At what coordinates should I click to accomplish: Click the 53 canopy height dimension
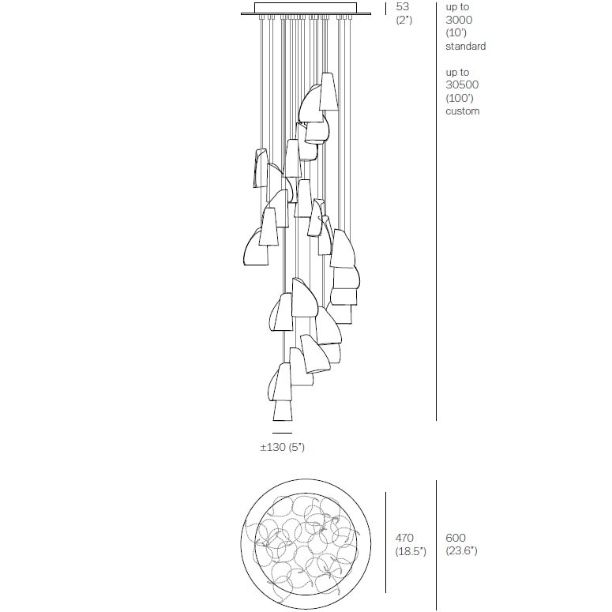pos(403,6)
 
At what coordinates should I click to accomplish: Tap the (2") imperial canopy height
pos(404,20)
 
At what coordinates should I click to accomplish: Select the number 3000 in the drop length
pos(459,20)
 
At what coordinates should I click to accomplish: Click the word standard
pos(466,46)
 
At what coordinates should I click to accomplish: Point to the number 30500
pos(462,84)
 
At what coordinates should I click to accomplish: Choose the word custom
pos(463,111)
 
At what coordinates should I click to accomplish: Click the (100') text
pos(460,98)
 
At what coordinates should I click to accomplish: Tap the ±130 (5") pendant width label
pos(282,447)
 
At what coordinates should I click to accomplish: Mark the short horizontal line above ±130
pos(282,433)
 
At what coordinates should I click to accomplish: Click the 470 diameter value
pos(404,538)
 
